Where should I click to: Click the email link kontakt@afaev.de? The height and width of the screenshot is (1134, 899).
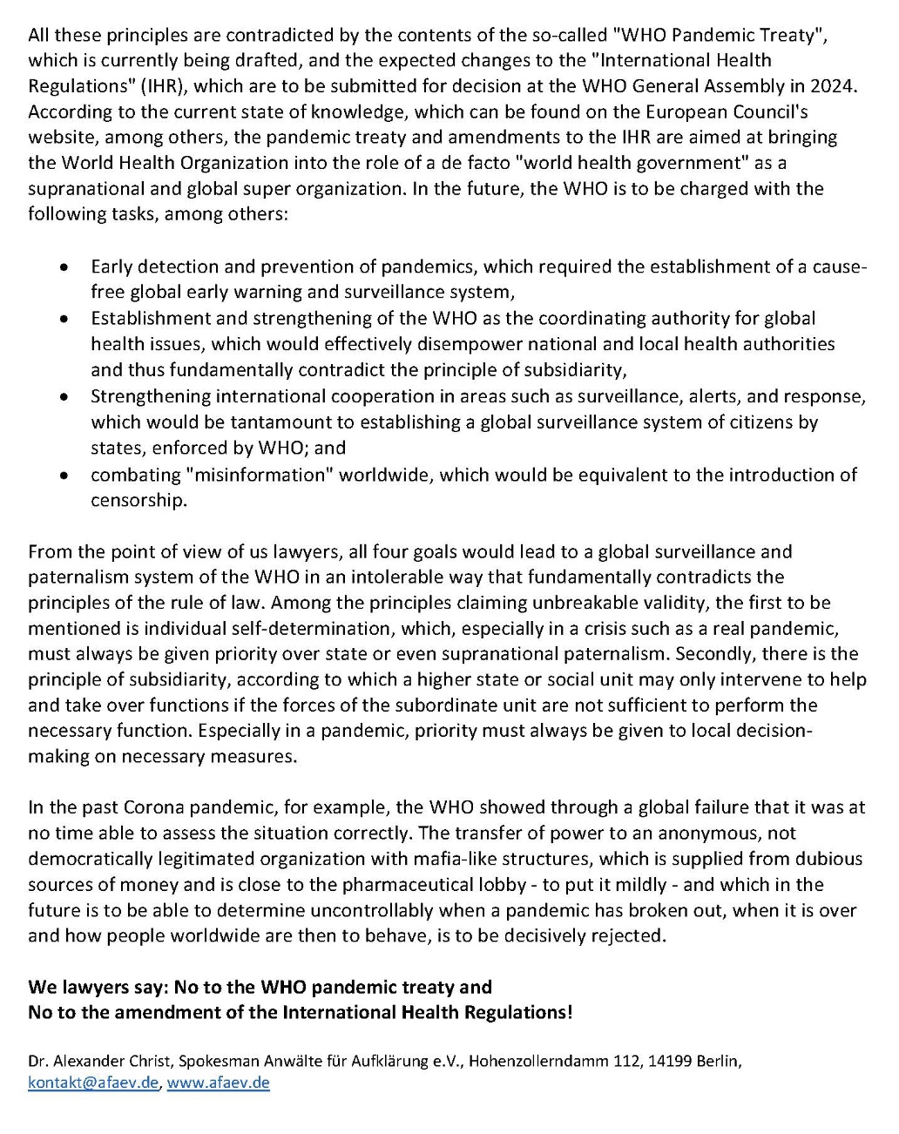coord(93,1083)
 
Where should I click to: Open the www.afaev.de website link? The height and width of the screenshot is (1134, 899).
coord(218,1083)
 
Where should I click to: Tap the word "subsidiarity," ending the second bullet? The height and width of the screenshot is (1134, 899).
coord(576,369)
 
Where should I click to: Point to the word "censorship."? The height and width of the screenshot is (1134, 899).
coord(139,501)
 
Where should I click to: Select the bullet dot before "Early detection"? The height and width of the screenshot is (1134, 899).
coord(64,267)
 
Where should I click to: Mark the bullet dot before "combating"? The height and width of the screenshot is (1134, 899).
coord(64,476)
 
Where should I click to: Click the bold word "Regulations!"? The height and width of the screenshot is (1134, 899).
coord(520,1012)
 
